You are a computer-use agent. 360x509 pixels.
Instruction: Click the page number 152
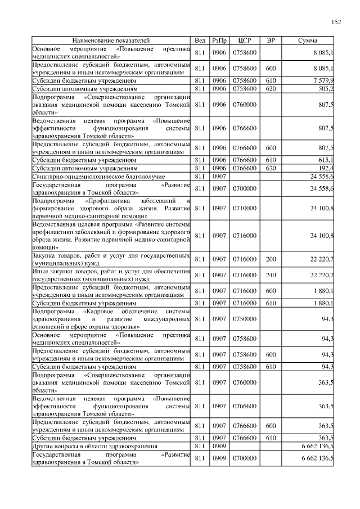tap(336, 22)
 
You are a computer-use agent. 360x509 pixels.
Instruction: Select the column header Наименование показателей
tap(111, 41)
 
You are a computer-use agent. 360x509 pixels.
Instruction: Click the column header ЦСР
tap(245, 41)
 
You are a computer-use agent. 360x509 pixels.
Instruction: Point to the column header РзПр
tap(219, 41)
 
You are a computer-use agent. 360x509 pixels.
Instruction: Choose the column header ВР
tap(271, 41)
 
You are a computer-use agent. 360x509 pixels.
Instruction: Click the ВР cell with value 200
tap(271, 259)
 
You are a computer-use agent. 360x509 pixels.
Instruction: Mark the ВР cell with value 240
tap(271, 274)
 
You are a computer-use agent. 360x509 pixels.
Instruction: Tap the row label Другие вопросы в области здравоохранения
tap(94, 446)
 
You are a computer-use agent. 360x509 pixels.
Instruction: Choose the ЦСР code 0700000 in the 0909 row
tap(245, 458)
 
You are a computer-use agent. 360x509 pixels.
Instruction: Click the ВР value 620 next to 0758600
tap(271, 88)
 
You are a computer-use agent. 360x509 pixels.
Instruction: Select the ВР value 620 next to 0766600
tap(271, 168)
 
